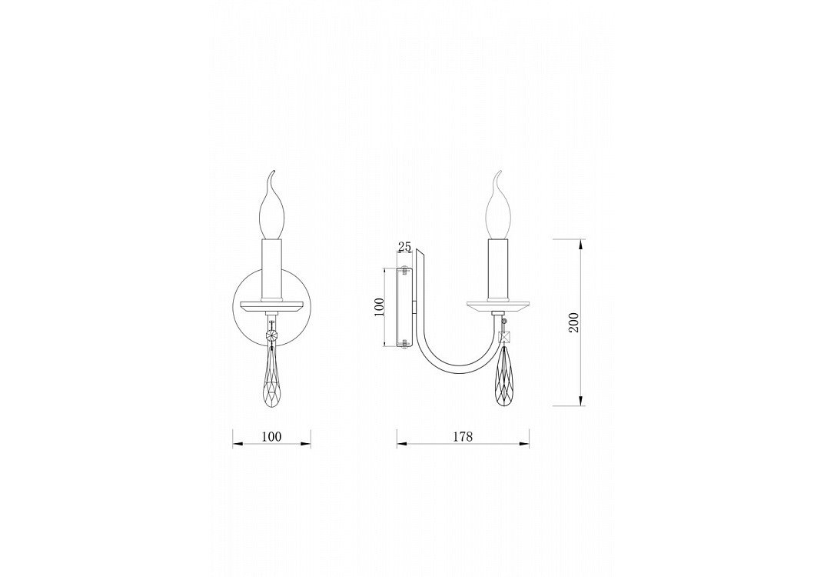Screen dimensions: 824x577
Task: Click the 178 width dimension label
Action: click(463, 436)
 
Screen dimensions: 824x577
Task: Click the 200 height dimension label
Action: click(573, 322)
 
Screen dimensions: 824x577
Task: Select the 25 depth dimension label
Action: click(404, 247)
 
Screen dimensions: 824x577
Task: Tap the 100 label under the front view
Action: click(271, 436)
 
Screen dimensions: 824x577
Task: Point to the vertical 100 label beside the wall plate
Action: click(380, 307)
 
